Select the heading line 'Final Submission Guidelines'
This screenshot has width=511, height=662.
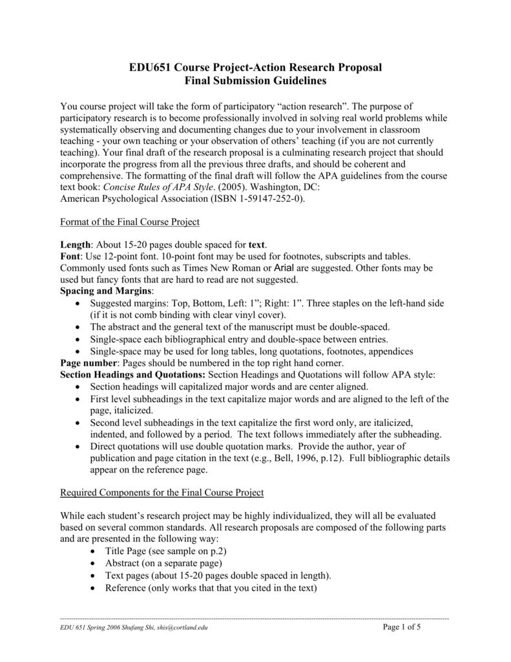tap(255, 81)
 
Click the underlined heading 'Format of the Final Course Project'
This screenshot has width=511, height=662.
tap(130, 222)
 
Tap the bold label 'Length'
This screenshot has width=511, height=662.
tap(74, 245)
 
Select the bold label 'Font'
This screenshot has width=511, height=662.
tap(70, 257)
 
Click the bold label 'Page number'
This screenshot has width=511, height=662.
tap(87, 363)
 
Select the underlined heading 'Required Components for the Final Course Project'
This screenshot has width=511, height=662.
tap(162, 493)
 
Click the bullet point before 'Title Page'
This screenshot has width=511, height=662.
tap(94, 551)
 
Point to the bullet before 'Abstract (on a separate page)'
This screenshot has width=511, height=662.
tap(94, 563)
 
